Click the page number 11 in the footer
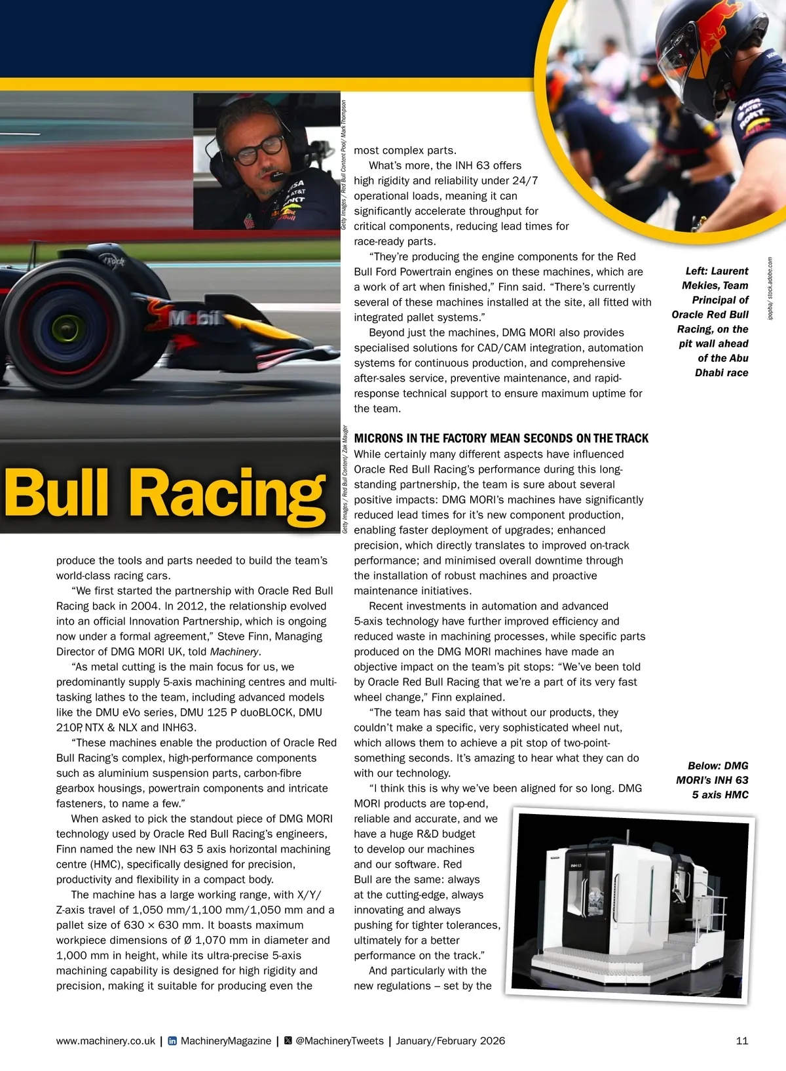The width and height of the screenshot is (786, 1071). pos(741,1041)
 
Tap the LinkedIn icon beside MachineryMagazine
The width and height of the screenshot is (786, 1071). pos(172,1041)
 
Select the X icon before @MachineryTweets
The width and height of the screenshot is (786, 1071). pos(288,1041)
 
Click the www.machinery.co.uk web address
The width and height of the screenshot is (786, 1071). pos(105,1041)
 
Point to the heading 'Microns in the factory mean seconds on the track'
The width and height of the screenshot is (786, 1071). pos(501,438)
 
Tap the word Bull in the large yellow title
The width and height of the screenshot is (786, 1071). pos(57,493)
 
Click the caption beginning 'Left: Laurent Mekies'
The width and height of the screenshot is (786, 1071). pos(712,321)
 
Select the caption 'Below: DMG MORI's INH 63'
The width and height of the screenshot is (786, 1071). pos(713,780)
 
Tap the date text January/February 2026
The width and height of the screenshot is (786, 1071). pos(451,1041)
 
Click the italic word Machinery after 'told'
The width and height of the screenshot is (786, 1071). pos(234,652)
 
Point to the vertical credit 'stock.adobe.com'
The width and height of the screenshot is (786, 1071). pos(770,288)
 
